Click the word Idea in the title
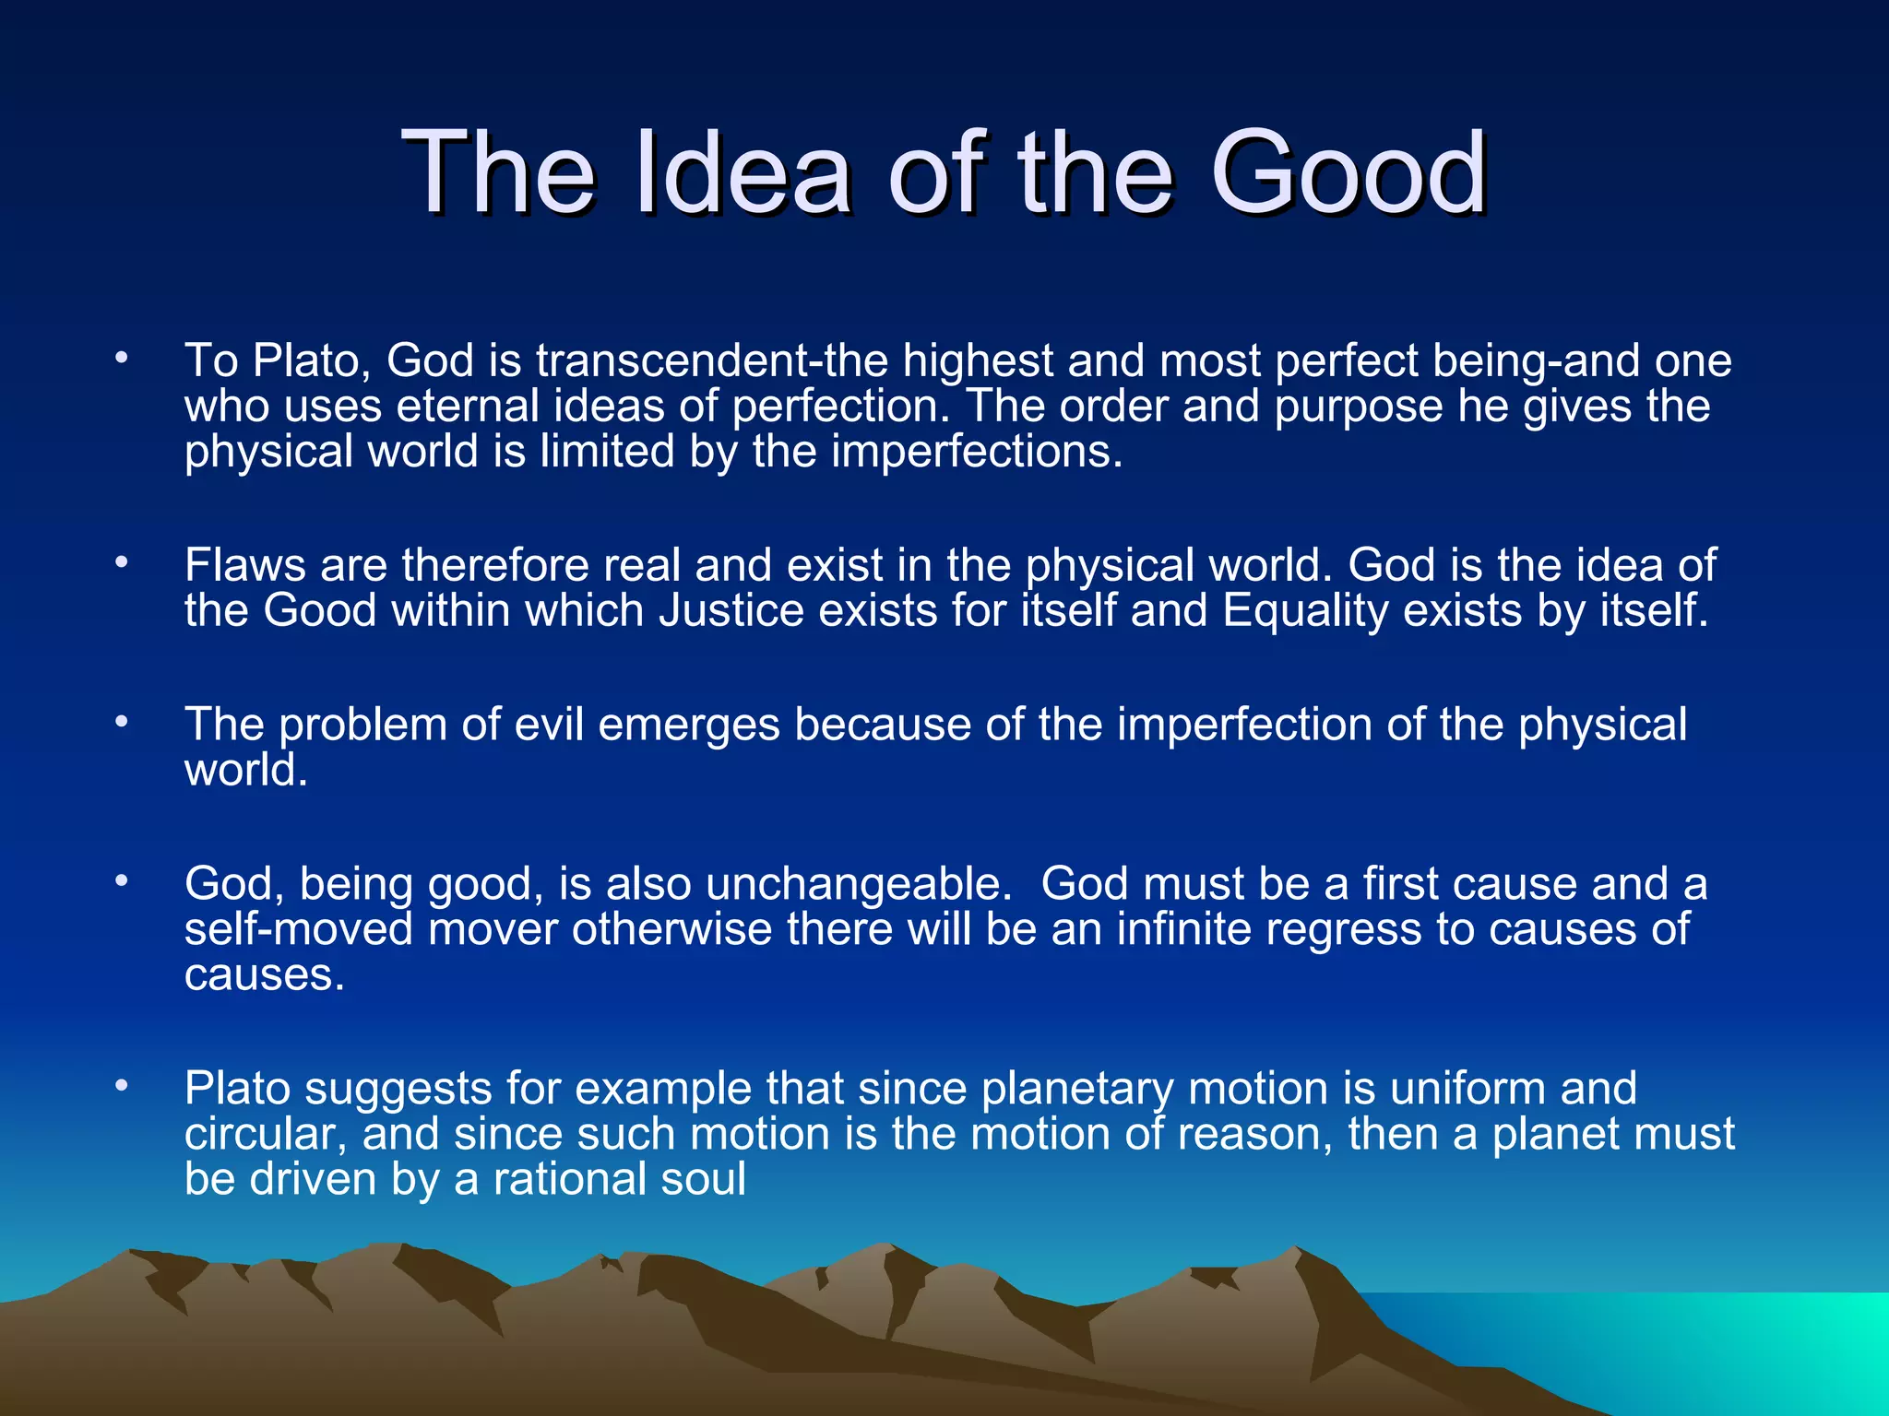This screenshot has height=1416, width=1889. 743,172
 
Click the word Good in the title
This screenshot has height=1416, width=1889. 1348,172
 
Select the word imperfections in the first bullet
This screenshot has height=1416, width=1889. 977,452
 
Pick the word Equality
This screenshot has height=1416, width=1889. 1305,611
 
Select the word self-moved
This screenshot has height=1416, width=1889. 298,929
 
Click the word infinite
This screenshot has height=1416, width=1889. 1183,929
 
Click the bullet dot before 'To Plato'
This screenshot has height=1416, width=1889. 121,359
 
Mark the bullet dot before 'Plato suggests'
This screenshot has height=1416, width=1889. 121,1088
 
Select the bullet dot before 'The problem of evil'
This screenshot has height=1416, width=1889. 121,723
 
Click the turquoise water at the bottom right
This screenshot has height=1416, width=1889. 1752,1355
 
